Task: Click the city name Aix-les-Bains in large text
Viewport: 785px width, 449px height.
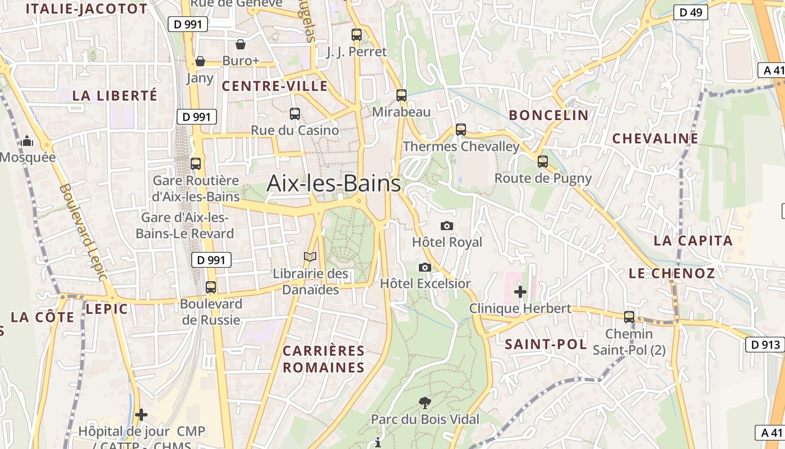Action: pos(334,184)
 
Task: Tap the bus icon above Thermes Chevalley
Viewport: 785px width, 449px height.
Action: pos(461,130)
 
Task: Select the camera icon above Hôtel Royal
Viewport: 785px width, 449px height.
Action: pos(447,226)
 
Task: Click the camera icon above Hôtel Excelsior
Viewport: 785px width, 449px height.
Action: pos(425,267)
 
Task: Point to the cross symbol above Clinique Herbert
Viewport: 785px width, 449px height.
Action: pos(520,292)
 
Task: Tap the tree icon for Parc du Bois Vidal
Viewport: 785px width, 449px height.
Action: pos(425,402)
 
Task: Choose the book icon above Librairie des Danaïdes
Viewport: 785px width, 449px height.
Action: pos(310,257)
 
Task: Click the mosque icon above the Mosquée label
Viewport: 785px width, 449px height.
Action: pos(27,141)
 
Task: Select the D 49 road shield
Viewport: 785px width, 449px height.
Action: pos(691,12)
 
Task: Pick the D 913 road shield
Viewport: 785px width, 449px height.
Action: pos(764,345)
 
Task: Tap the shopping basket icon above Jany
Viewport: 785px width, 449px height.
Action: pos(200,61)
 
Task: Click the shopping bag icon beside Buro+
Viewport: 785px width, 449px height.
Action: pos(241,44)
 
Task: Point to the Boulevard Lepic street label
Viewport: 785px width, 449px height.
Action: pos(83,232)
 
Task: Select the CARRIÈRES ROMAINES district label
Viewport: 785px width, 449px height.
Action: pos(324,359)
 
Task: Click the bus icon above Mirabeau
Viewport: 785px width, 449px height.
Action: pos(401,95)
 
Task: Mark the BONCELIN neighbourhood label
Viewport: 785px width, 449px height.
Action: pos(548,116)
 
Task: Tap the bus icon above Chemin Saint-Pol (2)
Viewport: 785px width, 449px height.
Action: pos(629,317)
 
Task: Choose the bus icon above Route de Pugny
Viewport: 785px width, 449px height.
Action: pos(543,162)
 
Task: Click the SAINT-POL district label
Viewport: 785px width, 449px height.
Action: pos(546,344)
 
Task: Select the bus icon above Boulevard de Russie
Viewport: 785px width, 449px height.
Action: pos(211,287)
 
